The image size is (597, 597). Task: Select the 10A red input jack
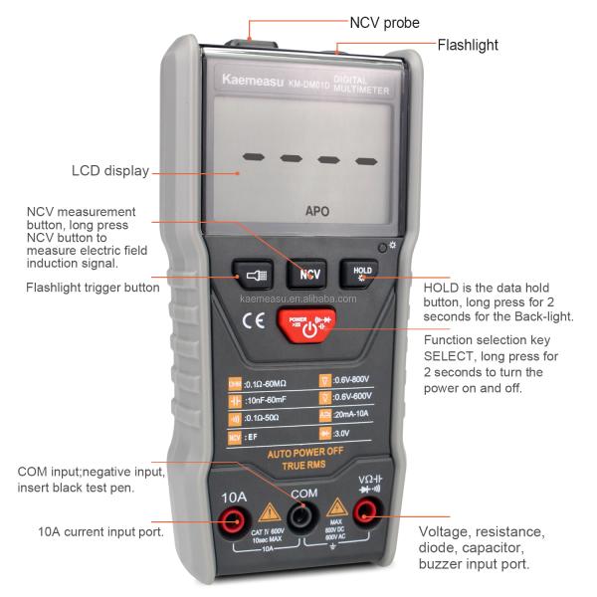tap(236, 516)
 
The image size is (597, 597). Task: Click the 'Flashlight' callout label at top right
tap(468, 45)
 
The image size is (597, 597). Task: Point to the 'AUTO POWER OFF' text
tap(303, 451)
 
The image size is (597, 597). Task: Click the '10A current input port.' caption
tap(100, 531)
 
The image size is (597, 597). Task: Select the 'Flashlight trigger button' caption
tap(93, 288)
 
